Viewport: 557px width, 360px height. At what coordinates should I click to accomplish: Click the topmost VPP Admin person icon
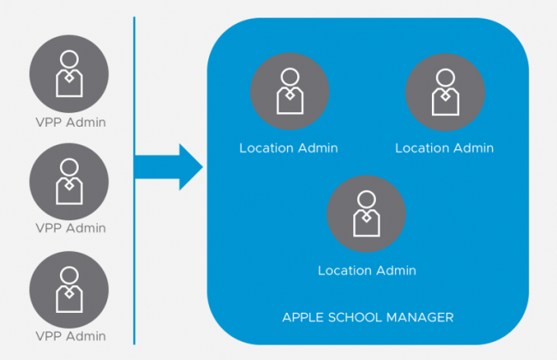click(x=69, y=74)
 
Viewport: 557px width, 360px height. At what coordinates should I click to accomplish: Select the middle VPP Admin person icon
click(x=69, y=181)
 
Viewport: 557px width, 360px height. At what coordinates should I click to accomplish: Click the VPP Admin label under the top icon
click(x=71, y=122)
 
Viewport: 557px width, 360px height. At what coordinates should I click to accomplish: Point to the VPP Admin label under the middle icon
click(x=71, y=228)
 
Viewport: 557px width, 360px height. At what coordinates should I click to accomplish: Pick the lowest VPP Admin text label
click(x=71, y=334)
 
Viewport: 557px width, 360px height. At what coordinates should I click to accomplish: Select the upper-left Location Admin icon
click(x=288, y=91)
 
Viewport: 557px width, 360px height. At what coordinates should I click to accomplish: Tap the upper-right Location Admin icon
click(x=444, y=91)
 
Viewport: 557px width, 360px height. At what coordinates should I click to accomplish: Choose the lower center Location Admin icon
click(x=367, y=213)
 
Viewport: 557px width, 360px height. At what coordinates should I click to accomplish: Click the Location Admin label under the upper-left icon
click(x=289, y=148)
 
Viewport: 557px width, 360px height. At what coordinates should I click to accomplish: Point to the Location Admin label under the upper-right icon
click(x=444, y=148)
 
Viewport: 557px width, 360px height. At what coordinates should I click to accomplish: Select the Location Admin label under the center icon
click(x=367, y=271)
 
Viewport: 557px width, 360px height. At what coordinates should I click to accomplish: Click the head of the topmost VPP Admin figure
click(x=69, y=59)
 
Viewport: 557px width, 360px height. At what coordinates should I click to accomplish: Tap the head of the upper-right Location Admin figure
click(x=444, y=76)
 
